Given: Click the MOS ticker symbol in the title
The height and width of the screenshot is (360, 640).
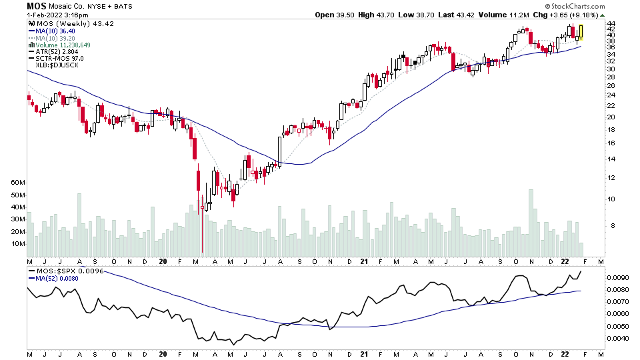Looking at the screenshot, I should point(36,6).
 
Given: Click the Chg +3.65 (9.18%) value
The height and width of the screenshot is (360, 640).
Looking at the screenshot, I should point(580,15).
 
